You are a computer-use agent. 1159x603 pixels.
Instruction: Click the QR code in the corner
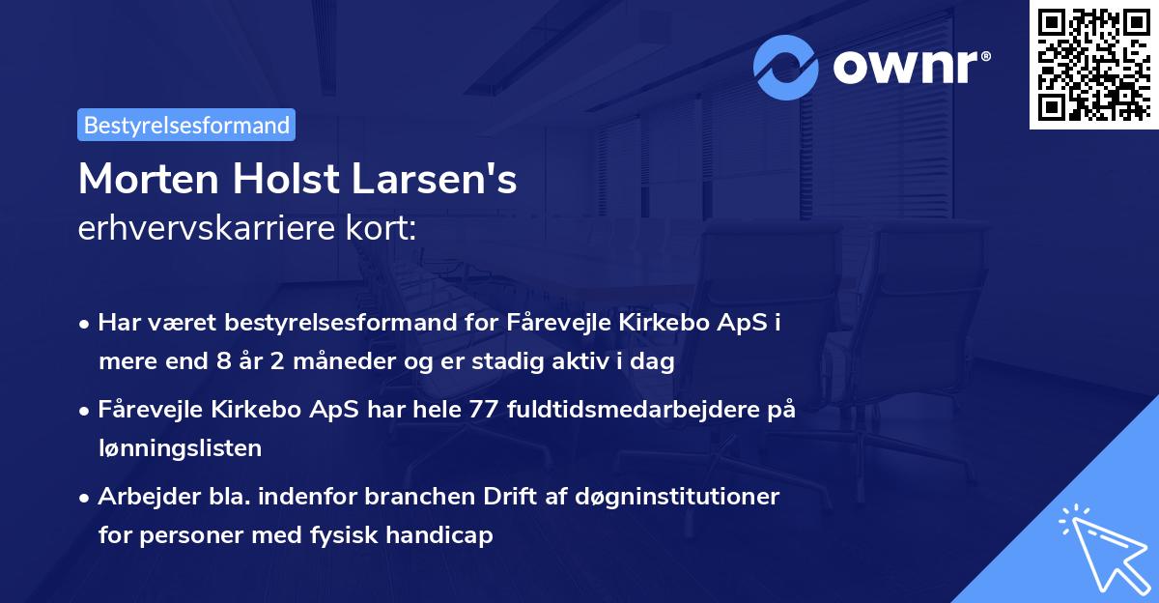pyautogui.click(x=1093, y=64)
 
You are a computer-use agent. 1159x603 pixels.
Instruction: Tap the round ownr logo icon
pyautogui.click(x=787, y=67)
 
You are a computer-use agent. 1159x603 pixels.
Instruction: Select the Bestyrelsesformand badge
pyautogui.click(x=186, y=125)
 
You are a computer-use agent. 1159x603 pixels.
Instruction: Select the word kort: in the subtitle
pyautogui.click(x=384, y=230)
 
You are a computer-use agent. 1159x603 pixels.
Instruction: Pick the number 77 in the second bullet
pyautogui.click(x=480, y=410)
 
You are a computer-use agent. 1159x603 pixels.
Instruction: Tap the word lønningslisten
pyautogui.click(x=180, y=448)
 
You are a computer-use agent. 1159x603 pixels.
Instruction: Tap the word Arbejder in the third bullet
pyautogui.click(x=142, y=497)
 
